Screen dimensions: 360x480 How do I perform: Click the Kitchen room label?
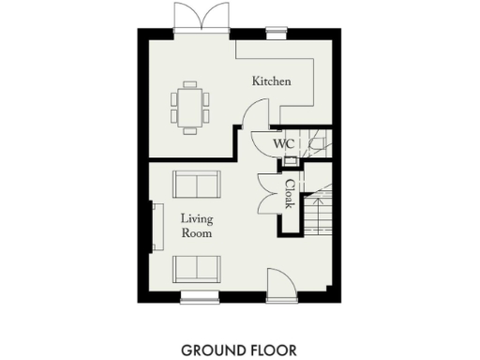271,82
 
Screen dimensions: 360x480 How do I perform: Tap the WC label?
284,143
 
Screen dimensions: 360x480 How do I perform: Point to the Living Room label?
197,226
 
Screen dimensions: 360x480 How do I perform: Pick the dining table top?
190,105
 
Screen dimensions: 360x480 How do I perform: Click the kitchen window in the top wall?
277,34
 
